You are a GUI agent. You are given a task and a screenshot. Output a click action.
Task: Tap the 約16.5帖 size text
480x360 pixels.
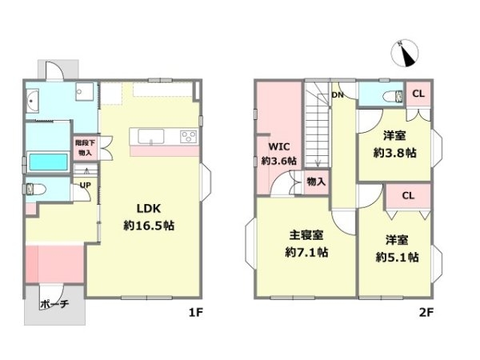point(149,226)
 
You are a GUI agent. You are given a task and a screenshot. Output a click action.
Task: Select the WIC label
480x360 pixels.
point(278,147)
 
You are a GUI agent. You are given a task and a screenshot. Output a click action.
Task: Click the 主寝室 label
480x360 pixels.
point(306,236)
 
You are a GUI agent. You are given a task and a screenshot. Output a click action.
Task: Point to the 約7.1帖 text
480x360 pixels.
point(306,253)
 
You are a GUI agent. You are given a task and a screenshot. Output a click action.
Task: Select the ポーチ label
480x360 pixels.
point(54,305)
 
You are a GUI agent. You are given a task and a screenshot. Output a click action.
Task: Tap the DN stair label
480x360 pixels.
point(338,94)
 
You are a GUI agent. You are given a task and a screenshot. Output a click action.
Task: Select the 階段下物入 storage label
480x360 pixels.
point(84,147)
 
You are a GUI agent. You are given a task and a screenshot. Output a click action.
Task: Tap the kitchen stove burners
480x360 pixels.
point(189,135)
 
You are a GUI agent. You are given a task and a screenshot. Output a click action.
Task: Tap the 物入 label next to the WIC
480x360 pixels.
point(317,182)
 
